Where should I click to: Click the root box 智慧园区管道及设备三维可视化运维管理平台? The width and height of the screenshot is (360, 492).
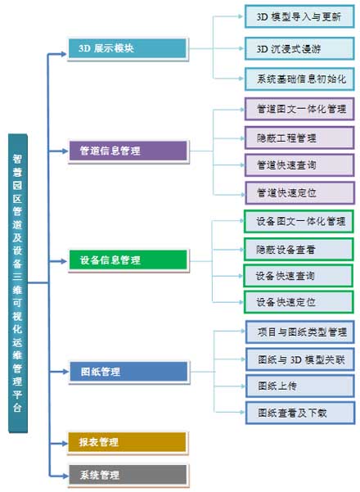click(x=18, y=282)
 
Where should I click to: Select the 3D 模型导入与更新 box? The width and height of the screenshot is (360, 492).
click(x=299, y=16)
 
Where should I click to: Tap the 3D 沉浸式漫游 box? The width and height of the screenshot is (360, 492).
click(x=299, y=47)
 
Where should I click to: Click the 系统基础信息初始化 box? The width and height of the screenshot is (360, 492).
click(x=299, y=79)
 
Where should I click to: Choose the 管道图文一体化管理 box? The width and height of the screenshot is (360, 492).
click(x=299, y=109)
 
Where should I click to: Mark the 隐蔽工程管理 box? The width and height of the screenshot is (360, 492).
click(x=299, y=137)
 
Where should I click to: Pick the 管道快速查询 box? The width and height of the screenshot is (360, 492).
click(x=299, y=165)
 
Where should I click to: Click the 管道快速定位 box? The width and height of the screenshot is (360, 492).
click(x=299, y=192)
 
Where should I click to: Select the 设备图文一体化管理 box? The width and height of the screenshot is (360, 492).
click(x=299, y=221)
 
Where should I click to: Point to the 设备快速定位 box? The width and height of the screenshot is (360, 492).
click(x=299, y=301)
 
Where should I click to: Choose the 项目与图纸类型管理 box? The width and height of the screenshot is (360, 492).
click(x=299, y=332)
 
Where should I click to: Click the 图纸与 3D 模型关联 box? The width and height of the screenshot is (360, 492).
click(x=299, y=359)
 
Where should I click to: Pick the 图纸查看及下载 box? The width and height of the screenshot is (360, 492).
click(x=299, y=413)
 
